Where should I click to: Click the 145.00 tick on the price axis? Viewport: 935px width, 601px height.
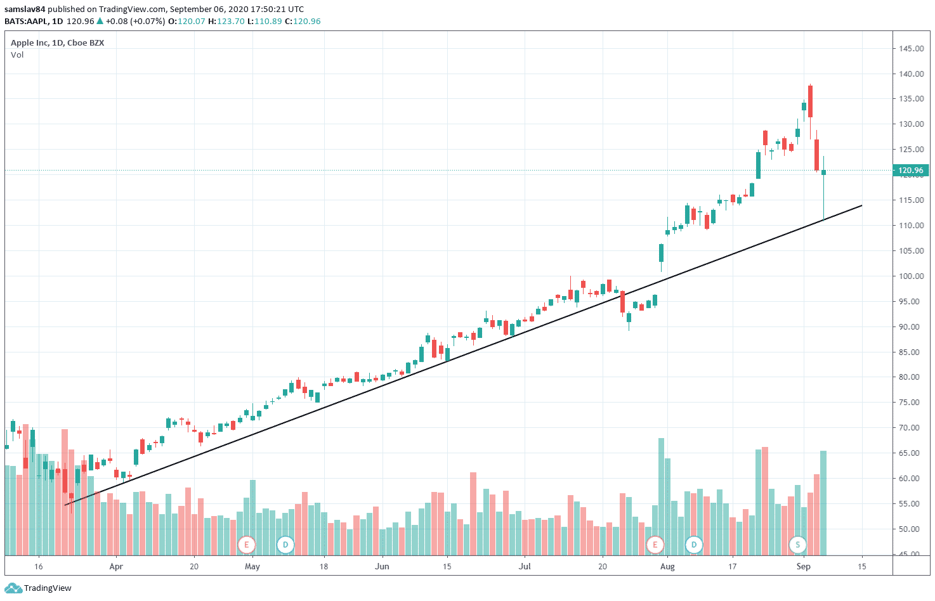click(911, 49)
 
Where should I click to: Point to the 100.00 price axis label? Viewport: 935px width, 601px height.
click(911, 276)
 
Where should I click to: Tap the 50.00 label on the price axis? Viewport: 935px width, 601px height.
click(911, 529)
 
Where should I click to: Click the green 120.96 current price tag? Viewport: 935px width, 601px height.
click(911, 171)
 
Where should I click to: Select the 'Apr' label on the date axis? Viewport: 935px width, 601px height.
click(116, 567)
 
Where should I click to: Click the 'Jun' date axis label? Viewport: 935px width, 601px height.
click(382, 567)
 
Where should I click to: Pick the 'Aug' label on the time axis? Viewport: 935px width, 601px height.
click(667, 567)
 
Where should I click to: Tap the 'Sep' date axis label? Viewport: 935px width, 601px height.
click(804, 567)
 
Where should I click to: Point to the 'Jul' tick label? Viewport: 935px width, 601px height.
click(525, 567)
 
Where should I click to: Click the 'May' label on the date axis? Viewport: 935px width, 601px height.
click(252, 567)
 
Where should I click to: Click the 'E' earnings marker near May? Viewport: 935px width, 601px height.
click(246, 545)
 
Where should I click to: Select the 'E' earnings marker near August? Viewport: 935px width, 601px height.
click(655, 545)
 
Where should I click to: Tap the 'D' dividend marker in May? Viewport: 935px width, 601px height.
click(285, 545)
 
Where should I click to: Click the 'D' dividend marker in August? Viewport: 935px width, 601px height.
click(694, 545)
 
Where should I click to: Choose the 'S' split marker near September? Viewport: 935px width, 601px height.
click(797, 545)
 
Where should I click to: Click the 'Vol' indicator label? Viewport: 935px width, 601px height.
click(17, 55)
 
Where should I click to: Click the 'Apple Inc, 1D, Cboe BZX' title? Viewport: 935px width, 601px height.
click(57, 43)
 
